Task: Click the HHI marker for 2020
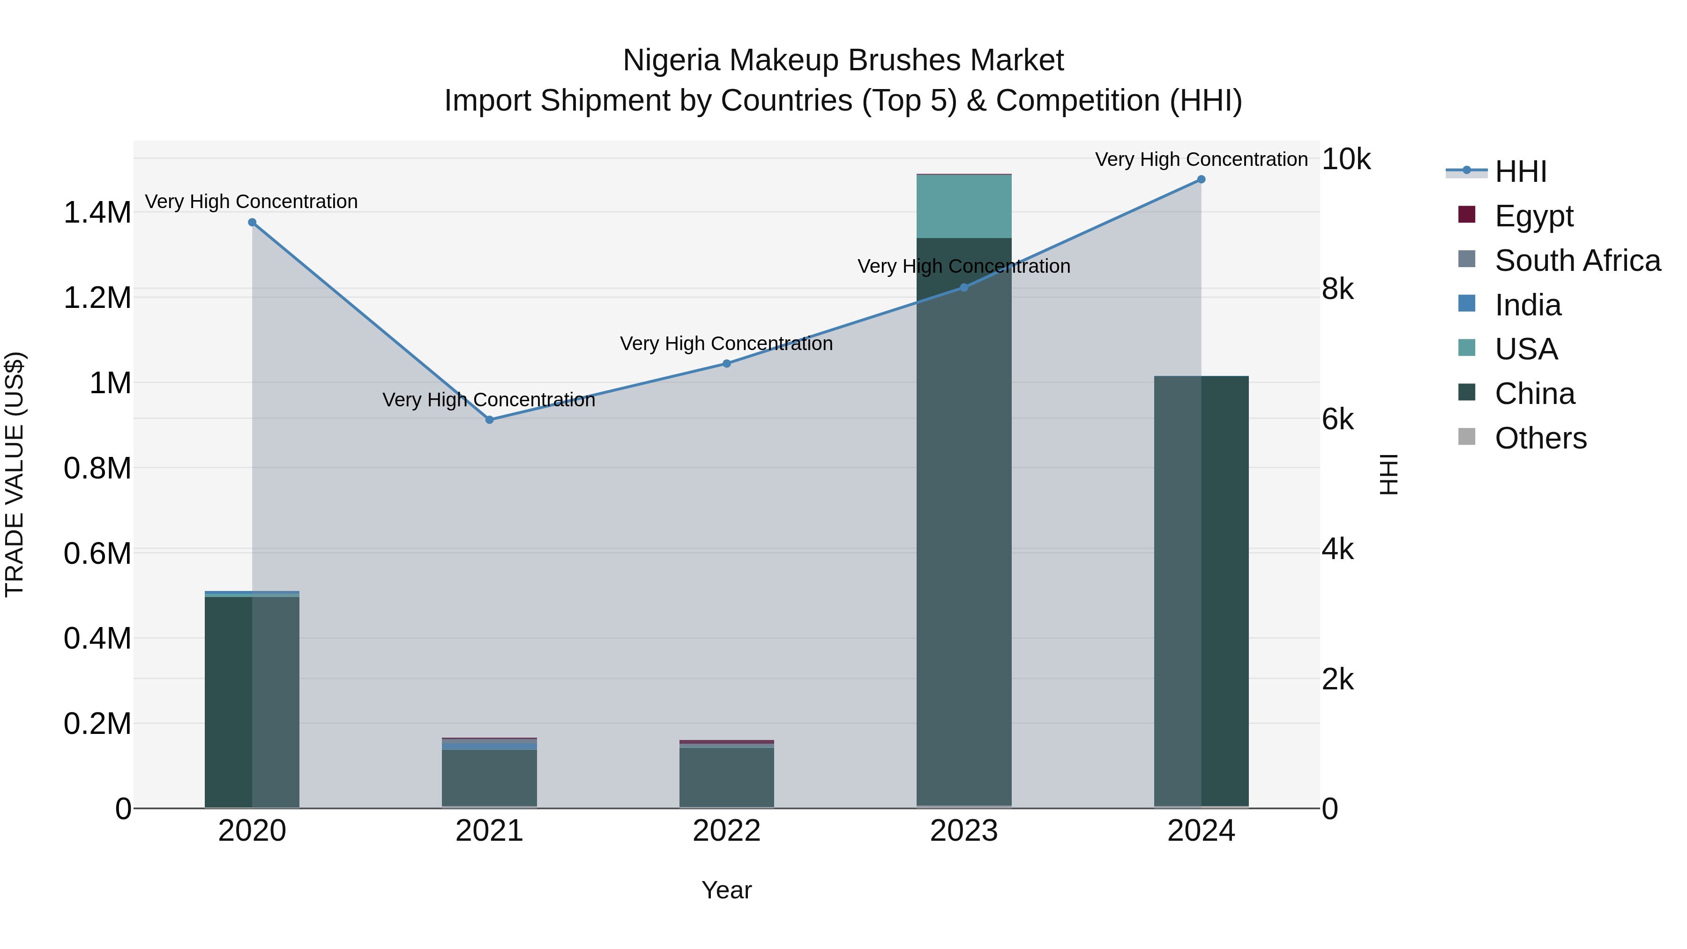(252, 223)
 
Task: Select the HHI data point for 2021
(489, 420)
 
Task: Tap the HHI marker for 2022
(726, 364)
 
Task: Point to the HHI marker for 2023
(963, 288)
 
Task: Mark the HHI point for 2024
(1201, 179)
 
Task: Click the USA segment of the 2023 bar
(963, 206)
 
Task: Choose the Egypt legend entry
(1533, 216)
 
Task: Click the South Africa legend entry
(1577, 260)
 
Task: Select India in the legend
(1527, 305)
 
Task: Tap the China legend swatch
(1467, 393)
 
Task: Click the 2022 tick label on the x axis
(726, 831)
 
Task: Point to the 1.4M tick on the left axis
(97, 213)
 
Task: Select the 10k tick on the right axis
(1346, 159)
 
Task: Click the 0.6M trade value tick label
(97, 553)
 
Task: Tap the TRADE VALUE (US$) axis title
(15, 474)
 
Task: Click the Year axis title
(726, 890)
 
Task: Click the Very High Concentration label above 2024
(1201, 159)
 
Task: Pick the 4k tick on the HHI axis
(1337, 550)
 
